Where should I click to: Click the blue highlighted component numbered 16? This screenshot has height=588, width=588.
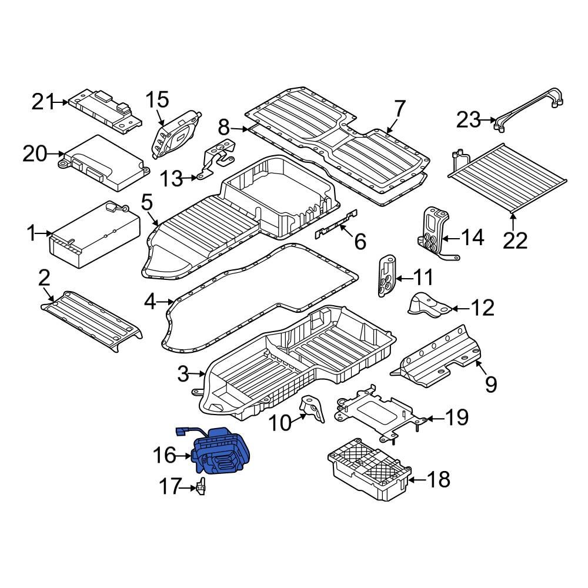pos(222,453)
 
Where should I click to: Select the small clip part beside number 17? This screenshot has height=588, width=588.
pos(202,487)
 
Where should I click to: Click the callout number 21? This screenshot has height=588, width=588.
pos(43,102)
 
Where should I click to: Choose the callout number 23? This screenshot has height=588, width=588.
pos(469,120)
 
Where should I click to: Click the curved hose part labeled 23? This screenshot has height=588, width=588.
pos(529,109)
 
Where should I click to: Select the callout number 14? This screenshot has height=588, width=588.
pos(472,238)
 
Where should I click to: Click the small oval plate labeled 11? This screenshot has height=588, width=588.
pos(387,277)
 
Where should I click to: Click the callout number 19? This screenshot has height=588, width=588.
pos(456,417)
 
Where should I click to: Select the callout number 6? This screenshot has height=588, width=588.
pos(359,240)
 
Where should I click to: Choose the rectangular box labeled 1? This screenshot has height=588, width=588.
pos(94,235)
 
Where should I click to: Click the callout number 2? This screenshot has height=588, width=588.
pos(44,278)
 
